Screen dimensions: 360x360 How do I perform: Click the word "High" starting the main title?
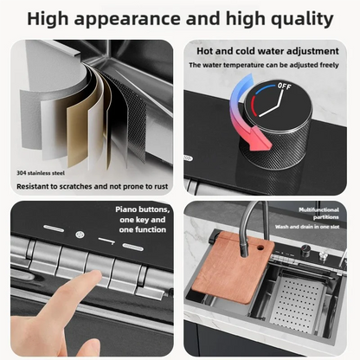[54, 17]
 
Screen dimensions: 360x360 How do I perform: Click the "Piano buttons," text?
[143, 209]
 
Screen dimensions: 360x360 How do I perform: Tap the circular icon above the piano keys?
[79, 235]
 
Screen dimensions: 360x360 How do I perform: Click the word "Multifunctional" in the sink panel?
[319, 209]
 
